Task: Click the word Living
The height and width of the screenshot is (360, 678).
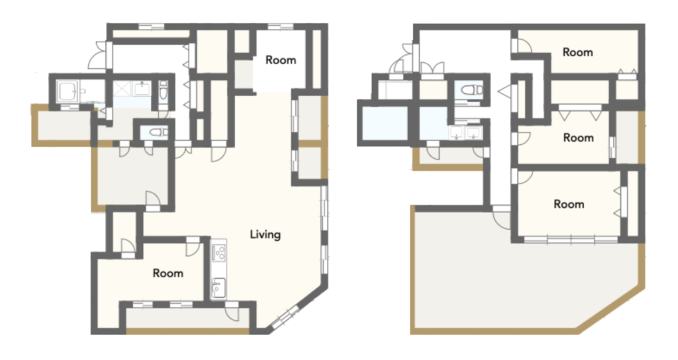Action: [x=265, y=234]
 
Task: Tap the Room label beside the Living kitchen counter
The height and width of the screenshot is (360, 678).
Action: [x=168, y=273]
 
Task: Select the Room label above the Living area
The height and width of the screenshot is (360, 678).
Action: [x=281, y=60]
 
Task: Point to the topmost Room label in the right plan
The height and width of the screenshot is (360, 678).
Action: [x=577, y=52]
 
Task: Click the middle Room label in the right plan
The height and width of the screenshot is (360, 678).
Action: [x=578, y=138]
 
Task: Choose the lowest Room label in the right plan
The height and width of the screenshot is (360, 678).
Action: [x=569, y=204]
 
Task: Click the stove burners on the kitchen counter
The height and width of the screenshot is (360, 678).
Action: [x=218, y=251]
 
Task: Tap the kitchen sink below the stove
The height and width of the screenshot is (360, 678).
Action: [x=218, y=287]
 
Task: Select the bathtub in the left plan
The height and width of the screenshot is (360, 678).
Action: [x=68, y=91]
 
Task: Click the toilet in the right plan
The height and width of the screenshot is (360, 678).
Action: [x=471, y=90]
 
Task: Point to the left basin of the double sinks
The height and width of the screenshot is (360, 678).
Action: [x=456, y=132]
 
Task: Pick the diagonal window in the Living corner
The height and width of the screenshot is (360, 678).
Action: [x=284, y=317]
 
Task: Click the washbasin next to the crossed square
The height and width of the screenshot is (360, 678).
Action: [x=142, y=89]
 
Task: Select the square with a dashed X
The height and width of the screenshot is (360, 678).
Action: [x=122, y=89]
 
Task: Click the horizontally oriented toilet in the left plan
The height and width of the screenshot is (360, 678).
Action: [x=158, y=132]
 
